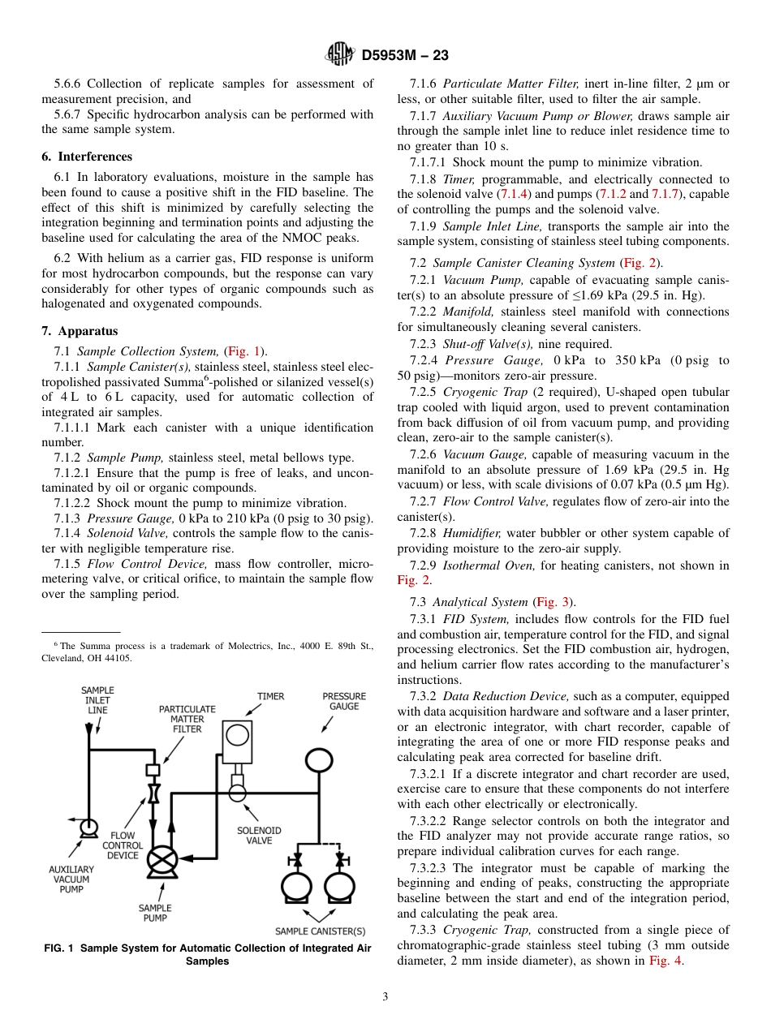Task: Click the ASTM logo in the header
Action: coord(338,54)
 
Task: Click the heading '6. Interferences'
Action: coord(87,157)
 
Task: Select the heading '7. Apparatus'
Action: coord(80,331)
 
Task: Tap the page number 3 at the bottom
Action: coord(385,996)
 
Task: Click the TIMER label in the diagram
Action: coord(271,696)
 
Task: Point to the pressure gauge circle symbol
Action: coord(320,759)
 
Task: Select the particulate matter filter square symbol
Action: coord(152,769)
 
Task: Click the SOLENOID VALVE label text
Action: coord(259,836)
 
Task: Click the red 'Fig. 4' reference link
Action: coord(665,961)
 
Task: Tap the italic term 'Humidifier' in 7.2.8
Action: coord(473,533)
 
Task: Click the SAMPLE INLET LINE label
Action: coord(97,700)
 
